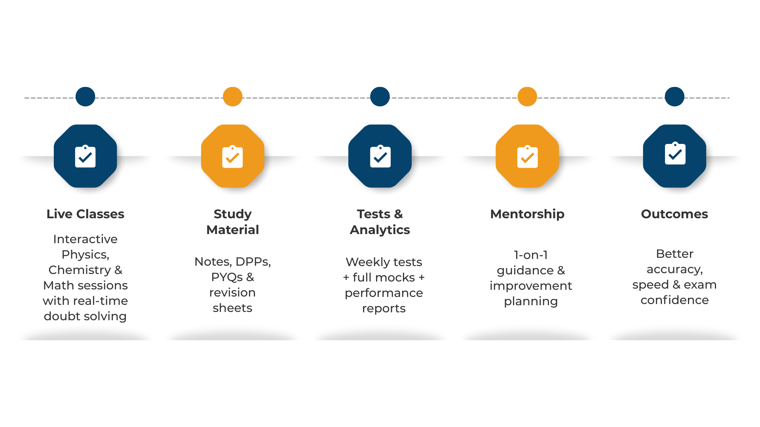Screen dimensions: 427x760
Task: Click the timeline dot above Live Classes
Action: click(x=85, y=96)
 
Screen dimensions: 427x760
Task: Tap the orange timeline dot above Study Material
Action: click(x=232, y=96)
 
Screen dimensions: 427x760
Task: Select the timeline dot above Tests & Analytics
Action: click(x=380, y=96)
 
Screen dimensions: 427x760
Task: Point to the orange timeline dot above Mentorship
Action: click(x=527, y=96)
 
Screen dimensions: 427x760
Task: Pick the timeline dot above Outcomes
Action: click(x=674, y=96)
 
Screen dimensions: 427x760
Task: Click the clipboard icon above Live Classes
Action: click(x=85, y=157)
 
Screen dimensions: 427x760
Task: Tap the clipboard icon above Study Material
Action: click(x=232, y=157)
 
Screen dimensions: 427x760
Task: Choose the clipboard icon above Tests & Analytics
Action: click(x=380, y=157)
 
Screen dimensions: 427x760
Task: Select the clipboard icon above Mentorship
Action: click(x=527, y=157)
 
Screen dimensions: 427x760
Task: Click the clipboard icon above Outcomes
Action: click(x=675, y=153)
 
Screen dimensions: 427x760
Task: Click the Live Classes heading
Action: click(x=85, y=214)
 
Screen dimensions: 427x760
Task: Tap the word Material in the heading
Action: click(x=232, y=230)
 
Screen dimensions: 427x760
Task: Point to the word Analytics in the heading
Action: click(x=380, y=230)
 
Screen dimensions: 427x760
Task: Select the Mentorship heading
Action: click(x=527, y=214)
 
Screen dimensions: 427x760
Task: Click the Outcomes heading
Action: click(x=674, y=214)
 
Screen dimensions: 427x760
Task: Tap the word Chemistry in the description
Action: click(x=80, y=270)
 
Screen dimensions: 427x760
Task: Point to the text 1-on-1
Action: click(x=531, y=255)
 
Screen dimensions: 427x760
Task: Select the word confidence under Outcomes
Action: click(x=674, y=300)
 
